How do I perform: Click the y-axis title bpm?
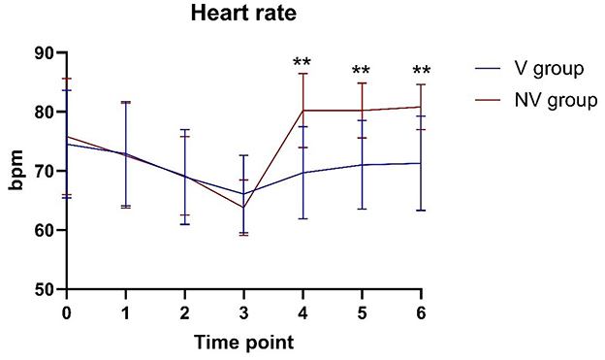[16, 171]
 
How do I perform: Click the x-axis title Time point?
[242, 342]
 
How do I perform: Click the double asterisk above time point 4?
[302, 64]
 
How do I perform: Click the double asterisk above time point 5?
[362, 71]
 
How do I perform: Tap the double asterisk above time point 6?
[422, 71]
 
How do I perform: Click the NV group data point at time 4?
[302, 110]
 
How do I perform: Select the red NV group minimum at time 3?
[243, 208]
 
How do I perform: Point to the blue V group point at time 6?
[422, 163]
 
